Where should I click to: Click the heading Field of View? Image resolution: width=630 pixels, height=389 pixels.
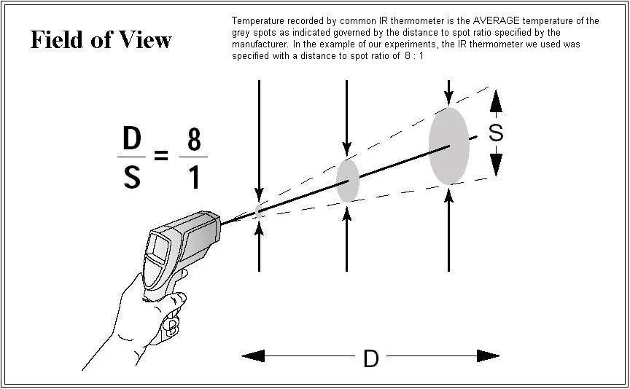(101, 40)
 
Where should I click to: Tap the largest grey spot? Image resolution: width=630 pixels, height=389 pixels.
(448, 146)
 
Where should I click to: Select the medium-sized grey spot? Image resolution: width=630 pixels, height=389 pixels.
(348, 181)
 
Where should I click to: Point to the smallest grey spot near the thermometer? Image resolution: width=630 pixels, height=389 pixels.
(258, 211)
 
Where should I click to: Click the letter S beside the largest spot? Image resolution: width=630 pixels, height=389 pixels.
(496, 133)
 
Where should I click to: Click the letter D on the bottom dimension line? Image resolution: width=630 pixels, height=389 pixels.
(371, 358)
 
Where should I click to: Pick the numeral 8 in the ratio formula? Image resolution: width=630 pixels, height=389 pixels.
(194, 139)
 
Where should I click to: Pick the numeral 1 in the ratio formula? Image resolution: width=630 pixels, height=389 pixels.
(195, 177)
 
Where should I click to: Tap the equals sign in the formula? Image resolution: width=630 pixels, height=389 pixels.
(162, 155)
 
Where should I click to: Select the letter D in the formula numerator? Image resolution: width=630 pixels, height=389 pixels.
(132, 138)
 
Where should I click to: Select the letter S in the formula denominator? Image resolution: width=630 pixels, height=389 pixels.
(132, 177)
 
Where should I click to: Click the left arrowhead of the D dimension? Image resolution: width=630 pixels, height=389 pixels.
(253, 355)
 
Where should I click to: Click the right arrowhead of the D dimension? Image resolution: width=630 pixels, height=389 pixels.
(488, 355)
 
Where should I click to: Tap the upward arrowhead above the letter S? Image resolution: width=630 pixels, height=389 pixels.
(497, 101)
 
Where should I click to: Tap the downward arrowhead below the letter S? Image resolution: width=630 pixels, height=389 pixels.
(497, 165)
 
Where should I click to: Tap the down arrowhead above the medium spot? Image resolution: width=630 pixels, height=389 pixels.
(347, 148)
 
